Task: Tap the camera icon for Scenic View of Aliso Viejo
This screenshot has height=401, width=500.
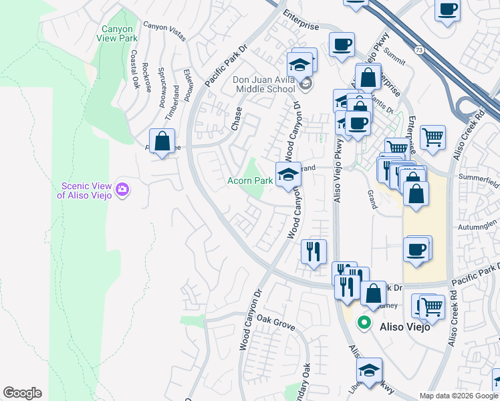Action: (122, 190)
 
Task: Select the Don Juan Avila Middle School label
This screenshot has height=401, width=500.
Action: (263, 84)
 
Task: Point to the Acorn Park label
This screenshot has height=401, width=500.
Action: (249, 180)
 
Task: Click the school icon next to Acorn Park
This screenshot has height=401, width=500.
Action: (288, 175)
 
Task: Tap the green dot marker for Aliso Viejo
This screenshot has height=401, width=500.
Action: (364, 323)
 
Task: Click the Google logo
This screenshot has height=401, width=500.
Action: (22, 393)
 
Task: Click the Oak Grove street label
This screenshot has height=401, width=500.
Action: (276, 325)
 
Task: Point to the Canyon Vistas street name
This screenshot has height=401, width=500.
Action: (164, 31)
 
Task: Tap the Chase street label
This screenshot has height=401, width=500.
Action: (236, 118)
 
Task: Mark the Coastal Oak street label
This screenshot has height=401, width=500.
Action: (134, 70)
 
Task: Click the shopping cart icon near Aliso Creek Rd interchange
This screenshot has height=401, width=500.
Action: (433, 138)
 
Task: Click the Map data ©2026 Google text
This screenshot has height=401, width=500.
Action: (458, 396)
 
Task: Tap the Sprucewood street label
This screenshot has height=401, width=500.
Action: (161, 87)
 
